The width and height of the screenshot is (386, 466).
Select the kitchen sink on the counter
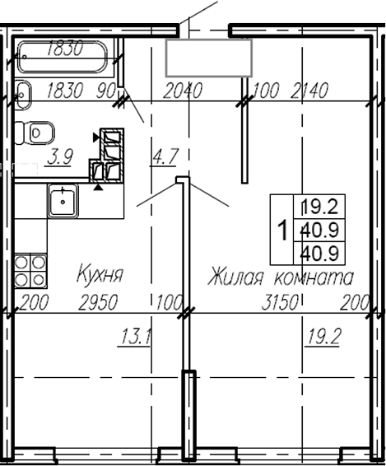[62, 198]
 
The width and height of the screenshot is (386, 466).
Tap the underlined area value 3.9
[58, 156]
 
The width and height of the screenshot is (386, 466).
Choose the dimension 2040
[184, 91]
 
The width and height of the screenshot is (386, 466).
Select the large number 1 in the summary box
[282, 231]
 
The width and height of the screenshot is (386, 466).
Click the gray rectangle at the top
[208, 58]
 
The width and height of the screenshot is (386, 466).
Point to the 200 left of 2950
[35, 303]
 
